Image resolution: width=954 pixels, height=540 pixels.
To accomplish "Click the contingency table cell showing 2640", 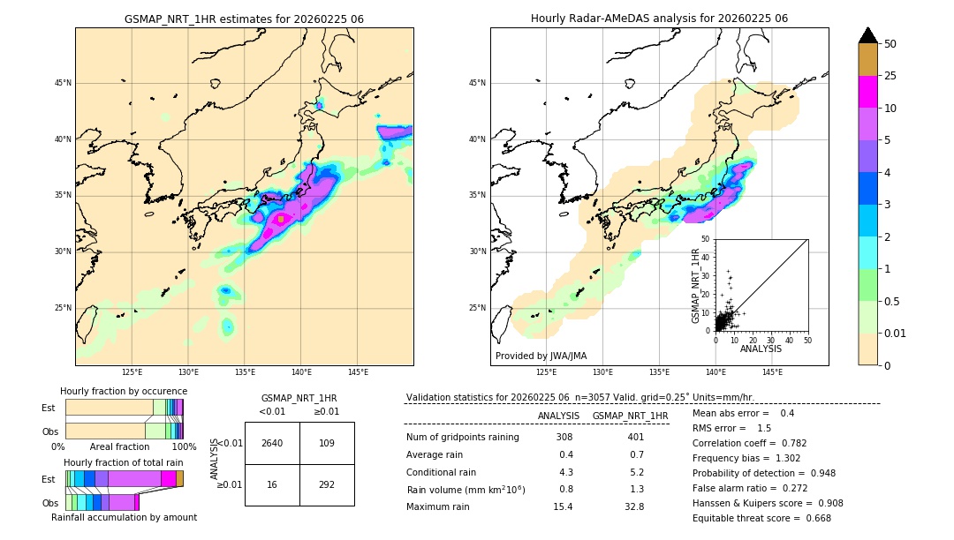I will click(x=272, y=443).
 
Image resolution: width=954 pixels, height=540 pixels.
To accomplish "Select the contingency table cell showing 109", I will click(x=327, y=443).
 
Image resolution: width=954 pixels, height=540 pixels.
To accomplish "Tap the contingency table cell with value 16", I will click(x=272, y=484).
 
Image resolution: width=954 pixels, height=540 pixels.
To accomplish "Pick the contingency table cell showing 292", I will click(x=327, y=484).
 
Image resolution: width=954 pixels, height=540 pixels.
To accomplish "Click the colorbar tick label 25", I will click(x=890, y=76).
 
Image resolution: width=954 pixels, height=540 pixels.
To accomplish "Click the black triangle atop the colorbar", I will click(x=868, y=35).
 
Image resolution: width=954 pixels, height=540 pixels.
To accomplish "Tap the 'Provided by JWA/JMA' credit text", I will click(x=541, y=356).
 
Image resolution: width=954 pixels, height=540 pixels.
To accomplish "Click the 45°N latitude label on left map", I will click(x=62, y=83).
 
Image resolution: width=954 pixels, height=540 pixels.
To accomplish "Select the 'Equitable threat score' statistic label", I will click(x=747, y=518).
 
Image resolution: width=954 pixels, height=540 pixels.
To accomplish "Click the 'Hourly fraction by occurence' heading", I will click(x=124, y=391).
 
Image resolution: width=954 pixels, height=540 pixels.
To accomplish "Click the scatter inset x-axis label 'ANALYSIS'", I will click(x=761, y=349).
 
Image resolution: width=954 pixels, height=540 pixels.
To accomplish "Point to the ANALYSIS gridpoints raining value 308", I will click(x=564, y=437).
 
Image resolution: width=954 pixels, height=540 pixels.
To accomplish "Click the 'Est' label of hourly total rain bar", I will click(x=49, y=478).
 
